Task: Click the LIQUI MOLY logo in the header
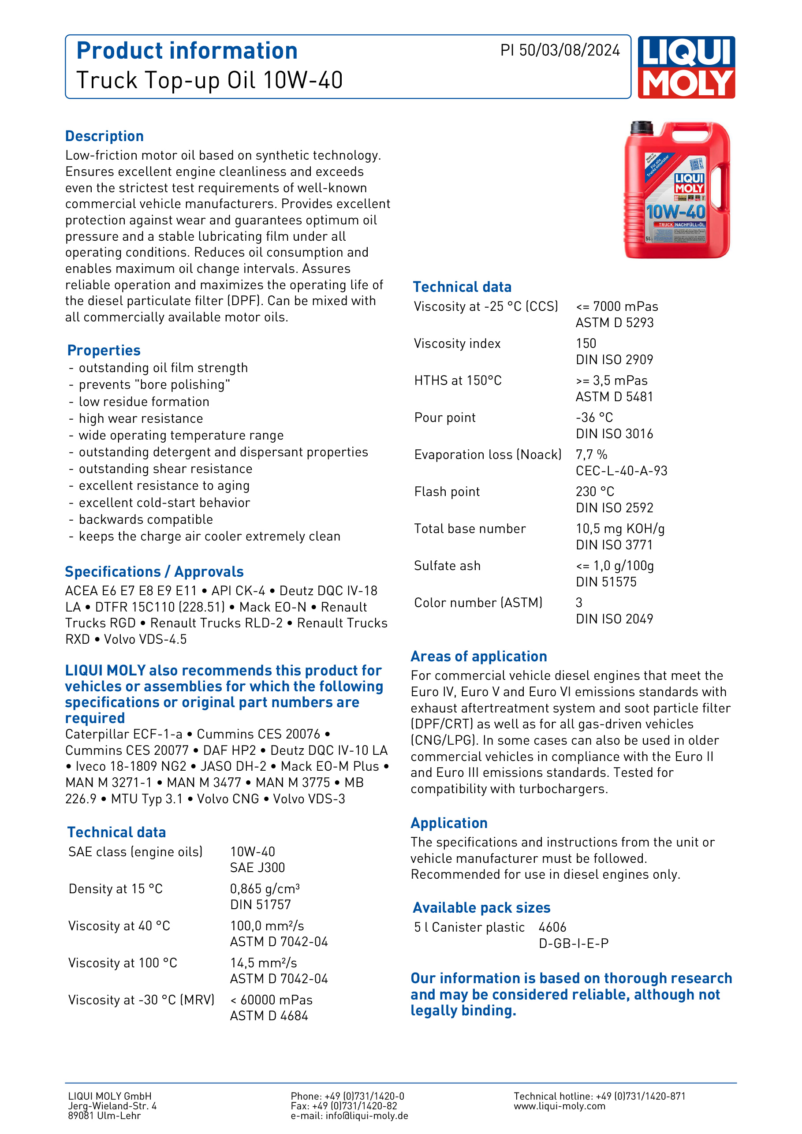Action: point(686,67)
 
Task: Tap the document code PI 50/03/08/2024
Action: point(560,50)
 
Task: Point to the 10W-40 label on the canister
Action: point(675,212)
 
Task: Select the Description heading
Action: point(104,136)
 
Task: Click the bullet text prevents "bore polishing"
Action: point(154,385)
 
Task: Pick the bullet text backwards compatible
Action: point(145,519)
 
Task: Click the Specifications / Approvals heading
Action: point(154,572)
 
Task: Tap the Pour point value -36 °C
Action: point(594,418)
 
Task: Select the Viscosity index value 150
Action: point(586,344)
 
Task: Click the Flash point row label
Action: point(447,492)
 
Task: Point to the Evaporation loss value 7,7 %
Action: point(591,455)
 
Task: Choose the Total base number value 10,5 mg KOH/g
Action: point(620,529)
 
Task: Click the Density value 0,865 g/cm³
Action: point(265,889)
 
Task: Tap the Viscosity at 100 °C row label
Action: point(123,963)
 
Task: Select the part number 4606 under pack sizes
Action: point(552,928)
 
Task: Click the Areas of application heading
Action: point(478,657)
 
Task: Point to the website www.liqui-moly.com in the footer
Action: point(559,1106)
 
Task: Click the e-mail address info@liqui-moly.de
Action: point(366,1116)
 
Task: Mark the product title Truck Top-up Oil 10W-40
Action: point(209,81)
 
